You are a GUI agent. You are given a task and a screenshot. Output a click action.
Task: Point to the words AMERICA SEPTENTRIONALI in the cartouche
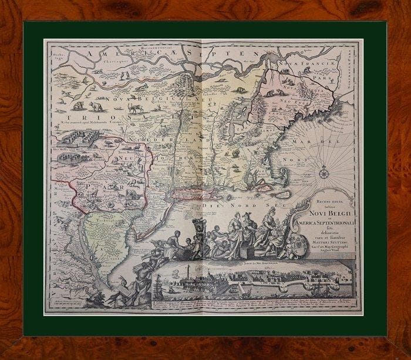coord(329,220)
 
